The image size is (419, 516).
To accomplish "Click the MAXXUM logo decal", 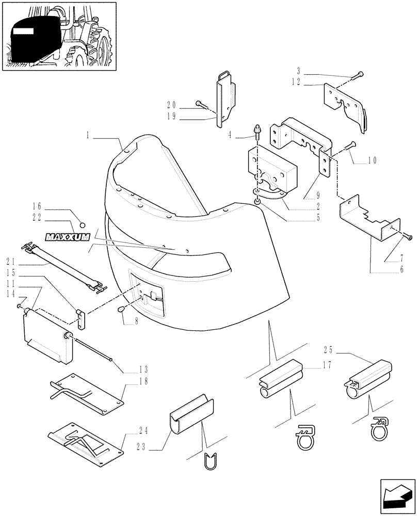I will (x=68, y=237).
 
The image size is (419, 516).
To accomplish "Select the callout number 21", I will (x=10, y=262).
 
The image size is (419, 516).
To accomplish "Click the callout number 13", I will (x=143, y=369).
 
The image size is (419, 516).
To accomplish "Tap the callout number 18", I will (x=143, y=380).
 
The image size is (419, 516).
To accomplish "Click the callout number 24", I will (x=143, y=429).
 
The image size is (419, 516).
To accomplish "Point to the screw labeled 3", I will (x=357, y=77).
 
